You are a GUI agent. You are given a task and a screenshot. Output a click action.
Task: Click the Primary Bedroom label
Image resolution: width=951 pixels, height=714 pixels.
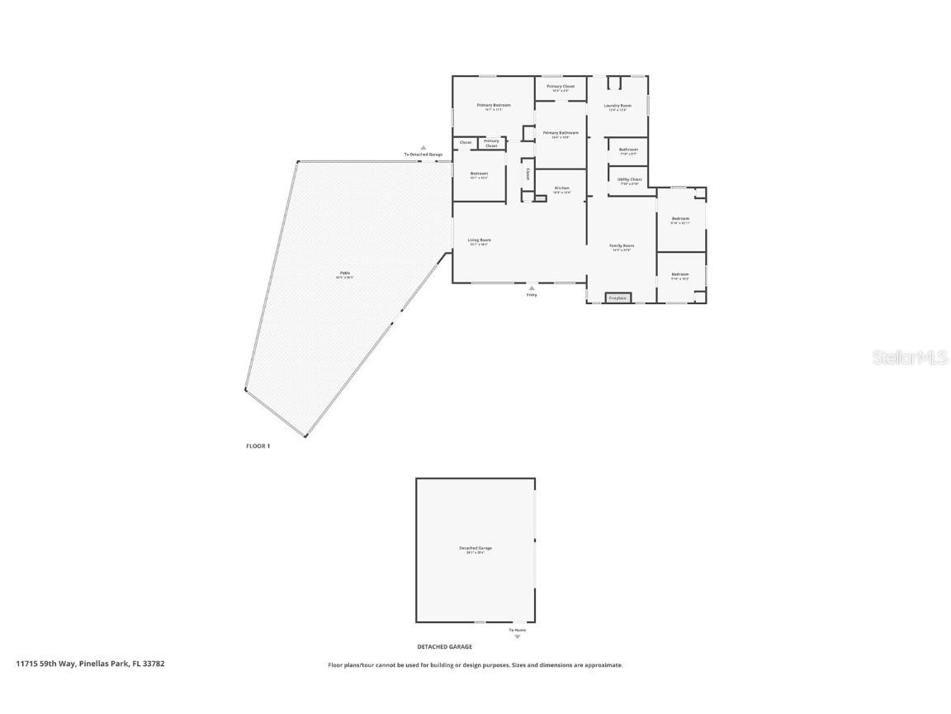[x=494, y=105]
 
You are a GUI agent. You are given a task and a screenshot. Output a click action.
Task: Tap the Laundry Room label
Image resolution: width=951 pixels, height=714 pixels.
[x=617, y=106]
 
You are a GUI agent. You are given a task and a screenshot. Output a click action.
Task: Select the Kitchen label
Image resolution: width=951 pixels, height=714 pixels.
[x=561, y=188]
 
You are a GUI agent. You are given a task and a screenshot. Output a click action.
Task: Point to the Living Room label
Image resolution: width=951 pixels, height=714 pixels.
[x=479, y=240]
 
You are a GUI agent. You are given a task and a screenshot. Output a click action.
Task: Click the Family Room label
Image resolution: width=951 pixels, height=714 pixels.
[x=622, y=246]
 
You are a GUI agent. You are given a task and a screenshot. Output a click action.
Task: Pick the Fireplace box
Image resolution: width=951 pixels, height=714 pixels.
[x=617, y=297]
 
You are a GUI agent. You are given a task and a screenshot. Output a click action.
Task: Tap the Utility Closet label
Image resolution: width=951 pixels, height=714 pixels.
[x=629, y=179]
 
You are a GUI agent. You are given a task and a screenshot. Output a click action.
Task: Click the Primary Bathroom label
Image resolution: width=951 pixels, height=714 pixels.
[x=561, y=133]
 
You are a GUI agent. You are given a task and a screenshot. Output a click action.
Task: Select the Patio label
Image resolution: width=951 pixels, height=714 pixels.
[x=344, y=274]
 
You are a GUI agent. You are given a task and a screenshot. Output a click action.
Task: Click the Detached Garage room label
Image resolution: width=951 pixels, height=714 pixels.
[x=475, y=548]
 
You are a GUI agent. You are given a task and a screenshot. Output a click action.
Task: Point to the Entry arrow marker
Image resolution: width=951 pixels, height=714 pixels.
[x=532, y=288]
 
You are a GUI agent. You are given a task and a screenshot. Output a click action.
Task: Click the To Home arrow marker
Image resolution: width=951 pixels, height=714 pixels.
[x=518, y=636]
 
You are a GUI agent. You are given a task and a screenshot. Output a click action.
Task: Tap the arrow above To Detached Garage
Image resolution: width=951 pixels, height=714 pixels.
[x=423, y=148]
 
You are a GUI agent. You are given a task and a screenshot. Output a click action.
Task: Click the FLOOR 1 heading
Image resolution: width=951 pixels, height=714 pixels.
[x=258, y=446]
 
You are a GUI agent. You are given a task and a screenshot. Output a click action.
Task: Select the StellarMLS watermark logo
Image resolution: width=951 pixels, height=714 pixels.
[x=899, y=357]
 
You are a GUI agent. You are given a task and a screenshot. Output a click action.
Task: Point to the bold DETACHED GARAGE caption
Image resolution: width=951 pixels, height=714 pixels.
[x=444, y=647]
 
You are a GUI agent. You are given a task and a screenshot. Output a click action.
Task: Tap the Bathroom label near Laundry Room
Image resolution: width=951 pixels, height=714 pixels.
[x=628, y=150]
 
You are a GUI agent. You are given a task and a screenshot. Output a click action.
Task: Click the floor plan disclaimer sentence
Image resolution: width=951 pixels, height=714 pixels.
[x=475, y=664]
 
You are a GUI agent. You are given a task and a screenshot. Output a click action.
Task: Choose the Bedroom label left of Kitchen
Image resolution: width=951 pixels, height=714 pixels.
[x=479, y=174]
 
